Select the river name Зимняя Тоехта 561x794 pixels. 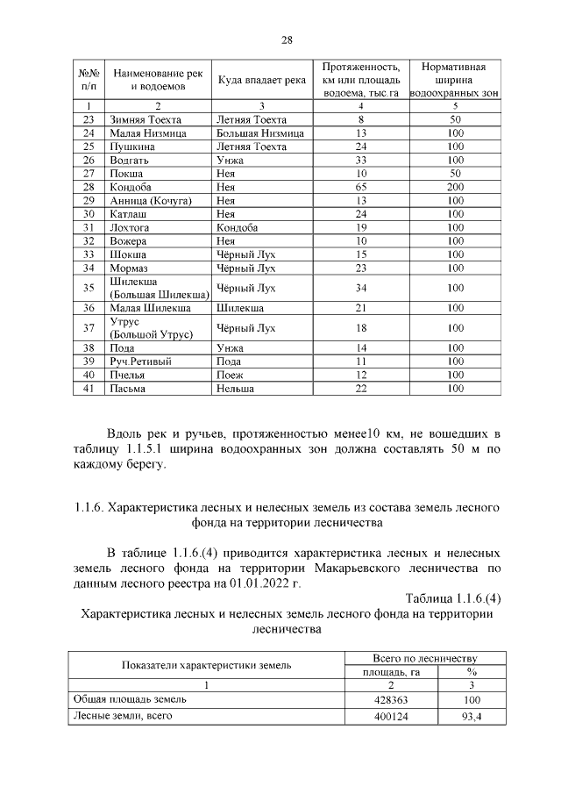pyautogui.click(x=145, y=119)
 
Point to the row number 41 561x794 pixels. pyautogui.click(x=88, y=388)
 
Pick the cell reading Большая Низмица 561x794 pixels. pyautogui.click(x=259, y=133)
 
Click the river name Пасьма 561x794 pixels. pyautogui.click(x=127, y=388)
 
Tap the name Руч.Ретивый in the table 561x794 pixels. pyautogui.click(x=140, y=361)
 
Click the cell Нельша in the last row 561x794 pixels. pyautogui.click(x=235, y=388)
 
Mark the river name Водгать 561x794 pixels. pyautogui.click(x=129, y=161)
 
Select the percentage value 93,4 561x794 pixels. pyautogui.click(x=471, y=717)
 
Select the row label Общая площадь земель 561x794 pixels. pyautogui.click(x=128, y=700)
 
